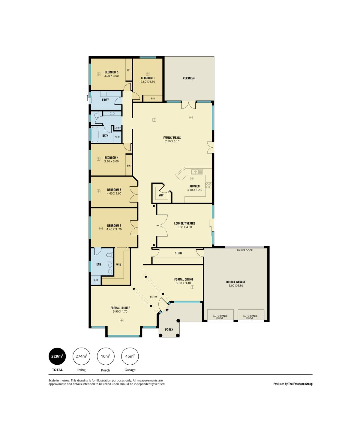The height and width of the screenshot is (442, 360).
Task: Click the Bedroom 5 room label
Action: [111, 72]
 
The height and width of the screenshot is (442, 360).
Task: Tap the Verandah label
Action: [189, 78]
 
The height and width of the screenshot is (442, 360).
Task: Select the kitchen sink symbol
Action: [196, 172]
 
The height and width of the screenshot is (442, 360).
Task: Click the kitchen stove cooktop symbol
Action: [208, 185]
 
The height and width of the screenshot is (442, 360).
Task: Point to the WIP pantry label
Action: [161, 195]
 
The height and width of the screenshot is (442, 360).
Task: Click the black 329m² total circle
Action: [57, 356]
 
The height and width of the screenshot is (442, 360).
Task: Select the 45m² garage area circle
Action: [130, 356]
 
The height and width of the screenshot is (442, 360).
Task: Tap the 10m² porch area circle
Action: [106, 356]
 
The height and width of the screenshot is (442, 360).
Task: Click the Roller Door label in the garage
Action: [244, 250]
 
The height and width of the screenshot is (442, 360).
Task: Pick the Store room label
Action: [178, 253]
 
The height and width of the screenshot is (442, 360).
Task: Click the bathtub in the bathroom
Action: [95, 135]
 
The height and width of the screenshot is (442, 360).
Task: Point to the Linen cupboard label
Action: [118, 128]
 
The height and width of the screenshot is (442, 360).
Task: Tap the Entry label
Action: [154, 297]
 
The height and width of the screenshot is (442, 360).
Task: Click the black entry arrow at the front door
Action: [167, 310]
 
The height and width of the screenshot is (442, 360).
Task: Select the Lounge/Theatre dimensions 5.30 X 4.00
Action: [184, 227]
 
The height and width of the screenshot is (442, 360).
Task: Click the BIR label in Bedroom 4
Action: [129, 166]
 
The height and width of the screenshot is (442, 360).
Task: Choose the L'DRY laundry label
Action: [105, 100]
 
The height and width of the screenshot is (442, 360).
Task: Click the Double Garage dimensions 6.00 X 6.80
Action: [236, 286]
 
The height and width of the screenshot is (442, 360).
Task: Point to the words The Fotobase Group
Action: [300, 384]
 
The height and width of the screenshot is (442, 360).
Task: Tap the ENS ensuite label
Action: [99, 264]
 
